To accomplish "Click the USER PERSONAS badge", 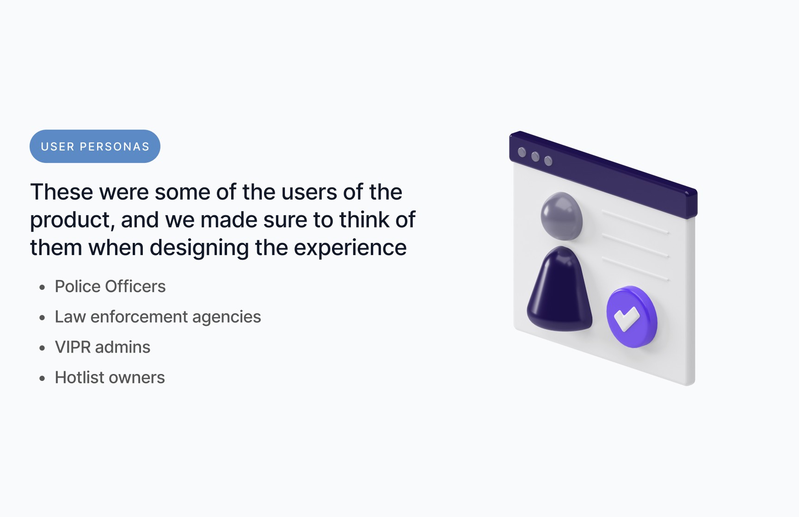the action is click(x=95, y=146).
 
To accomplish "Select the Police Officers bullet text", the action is click(x=110, y=287).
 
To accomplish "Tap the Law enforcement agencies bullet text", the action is click(x=158, y=317).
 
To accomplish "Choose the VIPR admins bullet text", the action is click(x=103, y=347).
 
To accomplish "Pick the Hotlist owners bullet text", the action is click(x=110, y=378).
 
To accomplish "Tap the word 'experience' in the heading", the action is click(x=350, y=248).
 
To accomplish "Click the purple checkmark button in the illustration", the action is click(x=632, y=317).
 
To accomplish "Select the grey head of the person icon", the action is click(x=561, y=216).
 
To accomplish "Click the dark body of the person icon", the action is click(x=560, y=289).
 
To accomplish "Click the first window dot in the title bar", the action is click(x=522, y=152).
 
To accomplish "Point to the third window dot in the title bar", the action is click(x=548, y=161).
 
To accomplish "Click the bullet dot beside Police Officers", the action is click(x=43, y=287).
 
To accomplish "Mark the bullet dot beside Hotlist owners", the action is click(x=43, y=379).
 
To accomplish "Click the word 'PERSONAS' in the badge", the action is click(x=115, y=147).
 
